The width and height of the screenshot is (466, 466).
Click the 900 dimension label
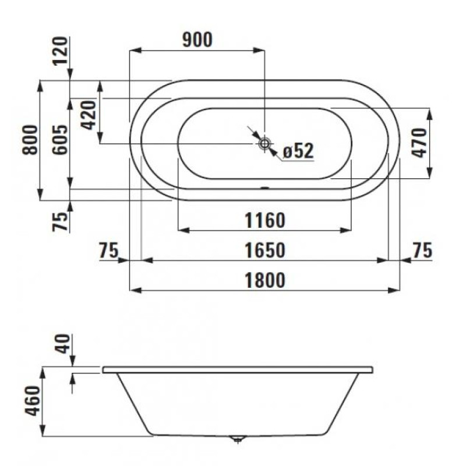tap(197, 40)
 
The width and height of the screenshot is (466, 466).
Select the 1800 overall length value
tap(264, 280)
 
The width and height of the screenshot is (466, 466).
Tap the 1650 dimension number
tap(264, 250)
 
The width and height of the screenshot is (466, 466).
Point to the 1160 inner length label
tap(264, 221)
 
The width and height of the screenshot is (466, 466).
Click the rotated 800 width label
tap(29, 140)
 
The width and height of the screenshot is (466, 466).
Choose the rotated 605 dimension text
tap(59, 140)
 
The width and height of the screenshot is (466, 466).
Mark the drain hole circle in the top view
tap(265, 143)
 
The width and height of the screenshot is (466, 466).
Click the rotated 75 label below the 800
tap(61, 220)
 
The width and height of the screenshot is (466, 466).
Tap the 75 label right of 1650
tap(422, 250)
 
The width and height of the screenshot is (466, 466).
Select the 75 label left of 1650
tap(109, 250)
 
